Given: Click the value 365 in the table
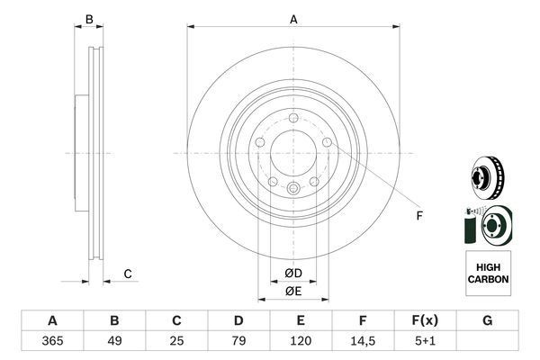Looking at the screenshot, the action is (x=52, y=341).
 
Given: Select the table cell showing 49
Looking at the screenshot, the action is (x=114, y=341).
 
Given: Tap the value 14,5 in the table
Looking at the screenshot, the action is (x=363, y=341).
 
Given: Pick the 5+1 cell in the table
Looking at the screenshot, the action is (x=425, y=341).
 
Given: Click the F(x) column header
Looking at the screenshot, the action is (x=425, y=320).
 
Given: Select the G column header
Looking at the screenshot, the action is (x=487, y=320).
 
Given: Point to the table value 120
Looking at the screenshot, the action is (x=301, y=341).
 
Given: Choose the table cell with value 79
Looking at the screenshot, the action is (x=238, y=341).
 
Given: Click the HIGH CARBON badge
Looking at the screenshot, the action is (x=488, y=274).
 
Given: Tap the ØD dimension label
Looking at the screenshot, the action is (x=293, y=274).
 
